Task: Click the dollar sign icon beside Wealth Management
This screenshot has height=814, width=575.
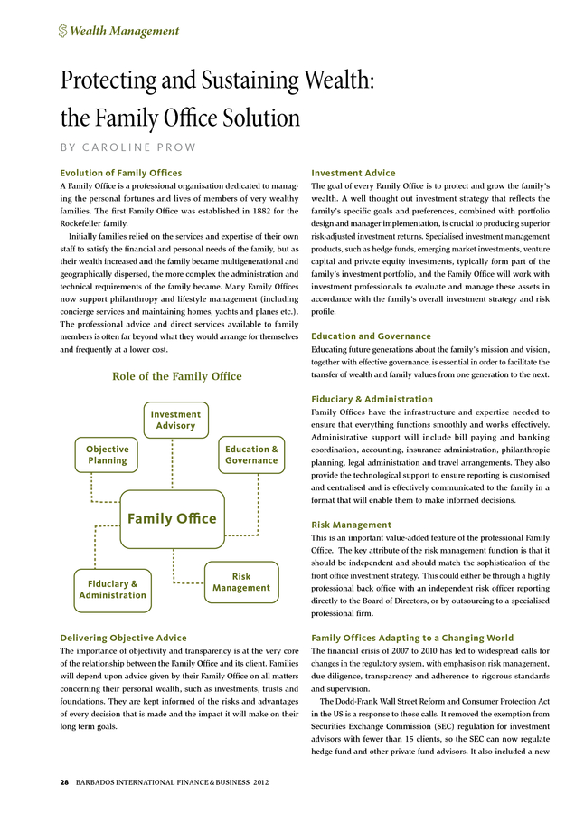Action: [62, 32]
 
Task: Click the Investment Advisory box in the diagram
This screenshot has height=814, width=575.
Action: [175, 421]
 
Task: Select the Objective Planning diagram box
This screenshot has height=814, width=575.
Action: [108, 455]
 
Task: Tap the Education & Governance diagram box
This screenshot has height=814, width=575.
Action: [251, 455]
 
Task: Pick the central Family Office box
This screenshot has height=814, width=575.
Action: [172, 518]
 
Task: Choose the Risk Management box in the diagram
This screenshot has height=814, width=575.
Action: [241, 582]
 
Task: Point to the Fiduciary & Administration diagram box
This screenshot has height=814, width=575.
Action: [112, 590]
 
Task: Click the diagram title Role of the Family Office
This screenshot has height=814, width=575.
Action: [176, 375]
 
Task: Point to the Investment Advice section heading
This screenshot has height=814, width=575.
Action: [353, 173]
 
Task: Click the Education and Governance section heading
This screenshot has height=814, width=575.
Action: [371, 336]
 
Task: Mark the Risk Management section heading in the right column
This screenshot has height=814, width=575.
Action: [351, 525]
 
